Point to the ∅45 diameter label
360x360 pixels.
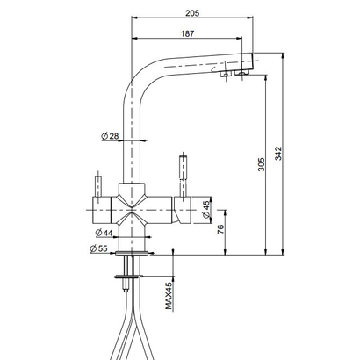point(205,208)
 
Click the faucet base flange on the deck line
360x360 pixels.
point(133,252)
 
